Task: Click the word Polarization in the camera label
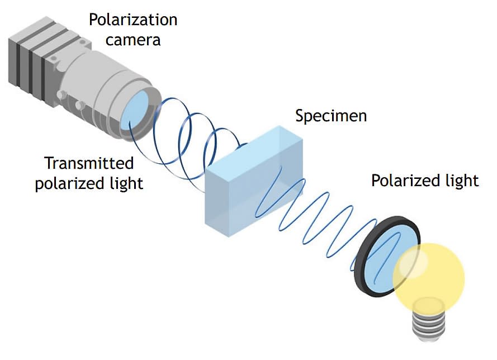coord(133,20)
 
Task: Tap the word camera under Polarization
coord(133,40)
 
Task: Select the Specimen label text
coord(331,116)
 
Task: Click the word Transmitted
coord(89,163)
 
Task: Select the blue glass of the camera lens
coord(135,109)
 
